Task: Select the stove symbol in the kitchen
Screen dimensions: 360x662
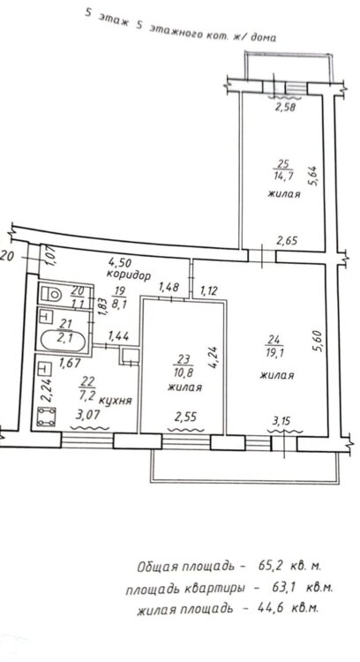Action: (x=46, y=416)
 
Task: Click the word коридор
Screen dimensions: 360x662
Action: (x=128, y=275)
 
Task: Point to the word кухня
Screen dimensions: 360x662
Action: (x=117, y=400)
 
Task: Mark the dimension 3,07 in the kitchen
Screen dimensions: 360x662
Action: (x=87, y=416)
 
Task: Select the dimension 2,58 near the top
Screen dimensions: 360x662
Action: (x=285, y=107)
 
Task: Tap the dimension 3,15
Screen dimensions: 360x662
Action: (x=283, y=420)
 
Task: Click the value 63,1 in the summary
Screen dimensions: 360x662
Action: (x=281, y=587)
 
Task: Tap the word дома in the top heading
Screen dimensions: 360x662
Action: (x=263, y=37)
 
